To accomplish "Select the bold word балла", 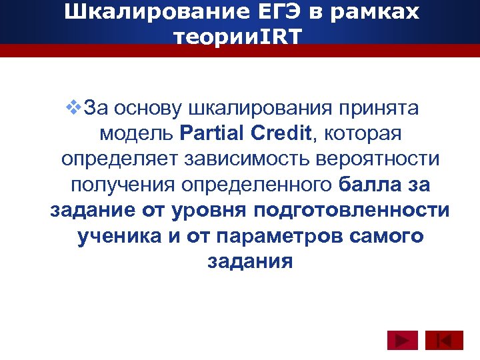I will (366, 185).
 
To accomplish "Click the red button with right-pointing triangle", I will (402, 341).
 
